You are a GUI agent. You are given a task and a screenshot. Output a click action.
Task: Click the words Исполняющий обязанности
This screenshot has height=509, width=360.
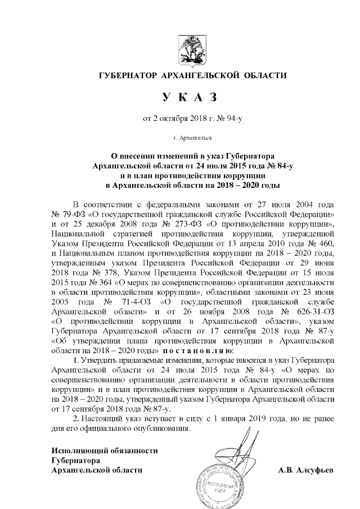[105, 449]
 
